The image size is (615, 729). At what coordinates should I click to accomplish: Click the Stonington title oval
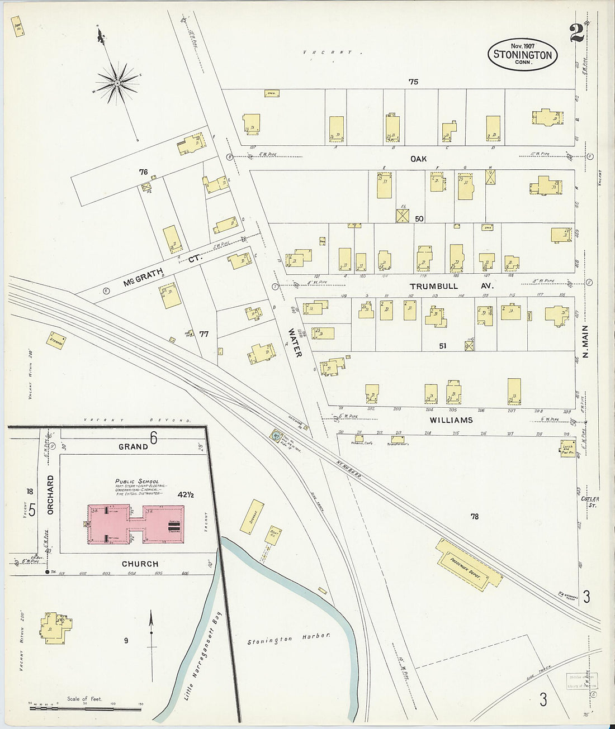523,55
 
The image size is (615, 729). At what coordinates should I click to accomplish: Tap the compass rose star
118,84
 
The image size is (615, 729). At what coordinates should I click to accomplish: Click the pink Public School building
136,525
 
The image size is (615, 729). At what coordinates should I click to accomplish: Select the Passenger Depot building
469,564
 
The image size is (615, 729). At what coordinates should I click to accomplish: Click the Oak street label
418,159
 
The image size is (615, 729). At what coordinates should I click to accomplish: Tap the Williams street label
451,420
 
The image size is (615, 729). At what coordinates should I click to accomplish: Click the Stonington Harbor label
290,637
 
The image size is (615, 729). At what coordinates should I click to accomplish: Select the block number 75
413,82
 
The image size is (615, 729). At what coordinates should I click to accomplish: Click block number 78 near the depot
474,517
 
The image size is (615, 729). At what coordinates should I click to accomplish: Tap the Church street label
140,564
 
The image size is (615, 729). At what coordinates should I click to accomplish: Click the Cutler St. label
589,501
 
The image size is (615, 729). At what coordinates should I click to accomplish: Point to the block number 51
442,346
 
